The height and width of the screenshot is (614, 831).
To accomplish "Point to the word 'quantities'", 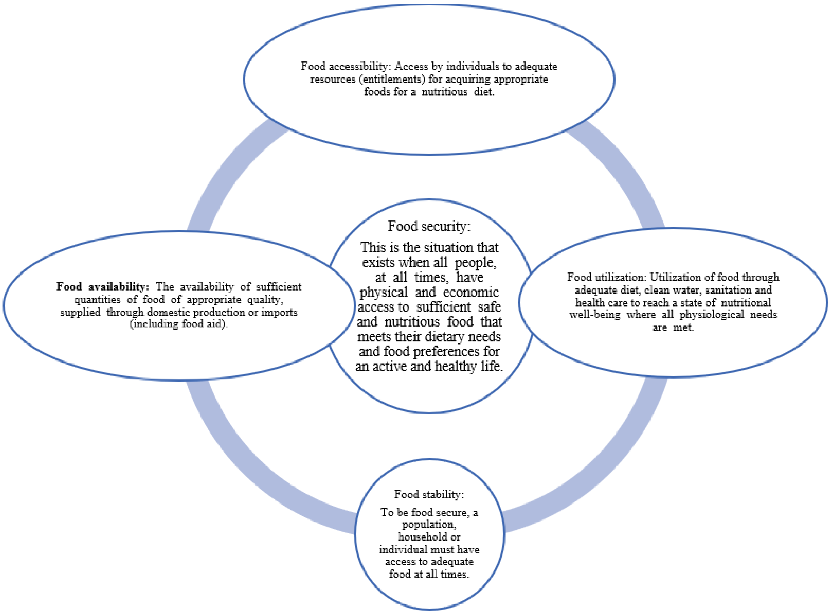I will tap(97, 300).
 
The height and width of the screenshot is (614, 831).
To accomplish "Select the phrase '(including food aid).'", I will tap(179, 324).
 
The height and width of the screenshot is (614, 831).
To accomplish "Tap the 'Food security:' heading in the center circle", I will tap(429, 226).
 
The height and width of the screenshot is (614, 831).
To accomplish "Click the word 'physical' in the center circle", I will tap(384, 292).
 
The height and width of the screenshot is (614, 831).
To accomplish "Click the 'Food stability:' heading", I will tap(429, 494).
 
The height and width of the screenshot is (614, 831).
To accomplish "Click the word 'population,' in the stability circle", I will tap(429, 524).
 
